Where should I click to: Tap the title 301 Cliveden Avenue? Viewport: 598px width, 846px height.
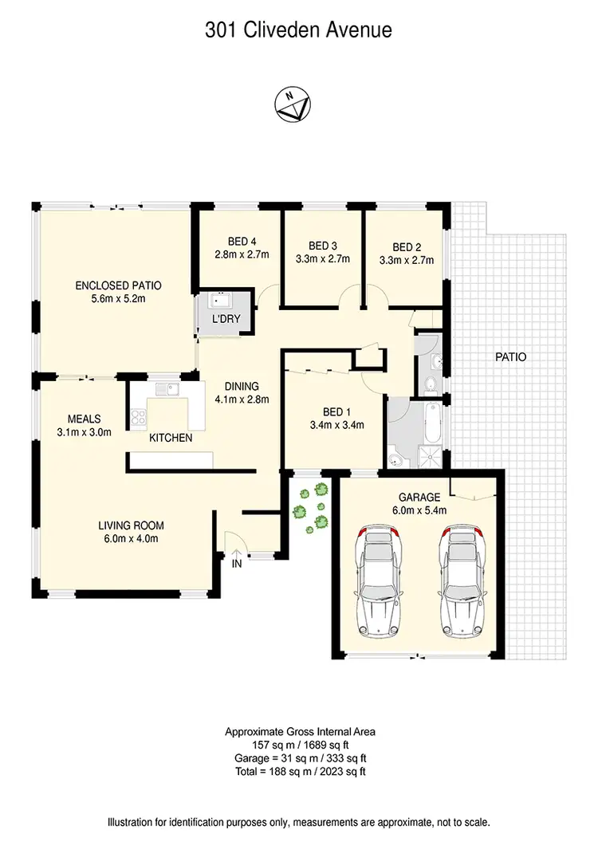(x=299, y=31)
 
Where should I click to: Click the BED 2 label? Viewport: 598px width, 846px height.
(x=407, y=246)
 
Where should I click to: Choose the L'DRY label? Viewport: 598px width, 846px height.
(x=226, y=320)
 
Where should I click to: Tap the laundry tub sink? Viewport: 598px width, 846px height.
(x=217, y=301)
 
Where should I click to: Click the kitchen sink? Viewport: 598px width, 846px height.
(x=167, y=389)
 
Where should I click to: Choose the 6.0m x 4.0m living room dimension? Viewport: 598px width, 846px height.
(x=131, y=538)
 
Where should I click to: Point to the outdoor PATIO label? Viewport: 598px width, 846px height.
(x=510, y=357)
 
